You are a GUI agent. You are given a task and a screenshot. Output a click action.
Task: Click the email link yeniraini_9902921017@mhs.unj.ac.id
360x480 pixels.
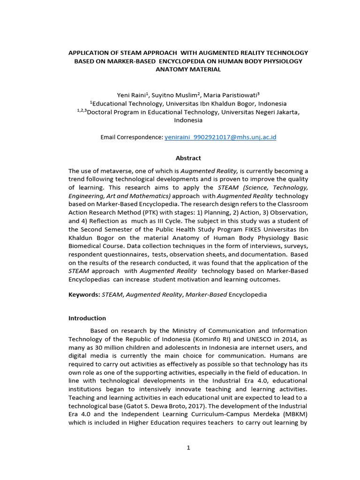point(220,137)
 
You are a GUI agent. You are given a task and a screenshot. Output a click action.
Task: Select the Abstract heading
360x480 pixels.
point(188,158)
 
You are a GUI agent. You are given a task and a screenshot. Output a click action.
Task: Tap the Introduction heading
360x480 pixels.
point(87,318)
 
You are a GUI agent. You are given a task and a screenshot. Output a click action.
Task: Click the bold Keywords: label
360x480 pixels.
point(84,294)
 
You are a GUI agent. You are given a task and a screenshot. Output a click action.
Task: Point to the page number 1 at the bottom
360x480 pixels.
point(188,448)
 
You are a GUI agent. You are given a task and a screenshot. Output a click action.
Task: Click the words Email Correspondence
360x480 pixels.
point(131,137)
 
